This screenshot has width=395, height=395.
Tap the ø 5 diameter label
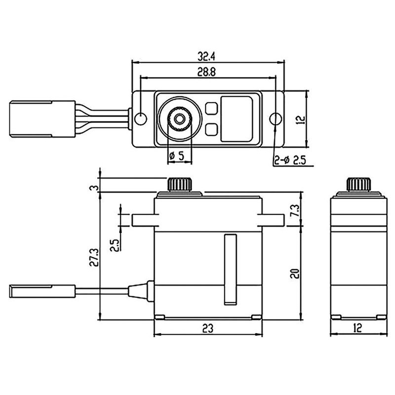click(x=177, y=156)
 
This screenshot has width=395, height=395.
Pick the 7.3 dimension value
click(x=294, y=213)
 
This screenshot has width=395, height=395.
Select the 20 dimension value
click(x=295, y=273)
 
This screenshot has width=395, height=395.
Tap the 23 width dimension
click(x=208, y=328)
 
